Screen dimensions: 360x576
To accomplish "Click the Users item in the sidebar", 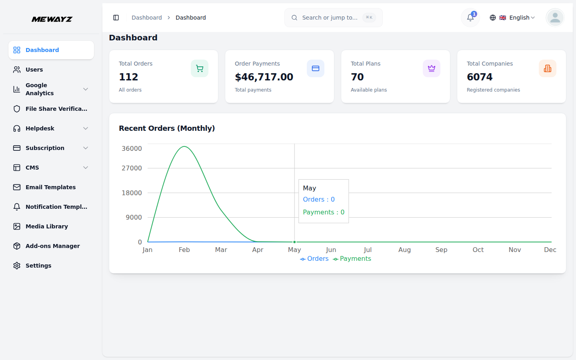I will coord(34,70).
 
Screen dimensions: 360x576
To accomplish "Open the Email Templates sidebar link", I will coord(50,187).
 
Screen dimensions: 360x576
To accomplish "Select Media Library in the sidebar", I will coord(46,226).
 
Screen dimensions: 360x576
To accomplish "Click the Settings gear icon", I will coord(17,266).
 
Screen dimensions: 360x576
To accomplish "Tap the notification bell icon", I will coord(470,18).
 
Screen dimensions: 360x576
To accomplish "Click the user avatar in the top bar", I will coord(555,18).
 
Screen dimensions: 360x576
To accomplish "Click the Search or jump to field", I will coord(333,18).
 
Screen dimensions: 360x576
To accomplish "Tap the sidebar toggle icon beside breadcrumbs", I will coord(116,18).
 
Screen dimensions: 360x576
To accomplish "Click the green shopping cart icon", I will coord(200,68).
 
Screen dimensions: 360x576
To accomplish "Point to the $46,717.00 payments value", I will coord(264,77).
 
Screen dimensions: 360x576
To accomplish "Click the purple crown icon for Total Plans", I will coord(432,68).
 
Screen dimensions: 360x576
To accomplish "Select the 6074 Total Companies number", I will coord(480,77).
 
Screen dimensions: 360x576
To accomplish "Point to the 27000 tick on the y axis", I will coord(132,168).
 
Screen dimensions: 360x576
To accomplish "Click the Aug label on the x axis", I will coord(404,250).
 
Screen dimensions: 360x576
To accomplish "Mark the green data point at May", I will coord(295,242).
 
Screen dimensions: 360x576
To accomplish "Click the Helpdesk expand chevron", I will coord(86,128).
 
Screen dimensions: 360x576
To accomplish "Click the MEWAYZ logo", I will coord(52,19).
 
